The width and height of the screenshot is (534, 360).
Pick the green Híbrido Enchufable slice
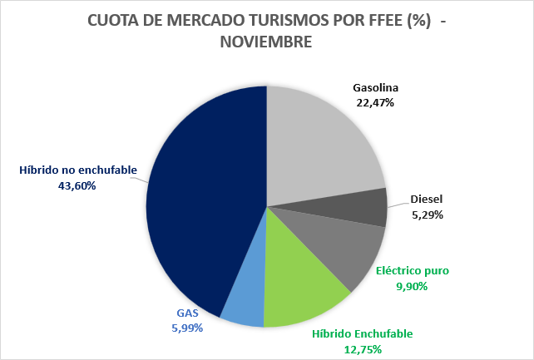tap(304, 287)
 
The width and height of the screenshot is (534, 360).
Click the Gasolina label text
tap(376, 88)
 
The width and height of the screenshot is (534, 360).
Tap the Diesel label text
tap(427, 200)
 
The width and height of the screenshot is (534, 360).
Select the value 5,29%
tap(427, 215)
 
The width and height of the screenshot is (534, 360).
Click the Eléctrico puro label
tap(412, 271)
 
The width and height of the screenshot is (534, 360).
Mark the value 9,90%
tap(412, 286)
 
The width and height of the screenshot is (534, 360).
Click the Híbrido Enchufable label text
tap(362, 334)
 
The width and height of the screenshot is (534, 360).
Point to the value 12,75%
tap(362, 349)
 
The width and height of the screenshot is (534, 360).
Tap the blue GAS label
tap(186, 313)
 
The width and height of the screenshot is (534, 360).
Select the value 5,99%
tap(186, 328)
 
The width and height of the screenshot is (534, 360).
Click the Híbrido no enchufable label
tap(78, 171)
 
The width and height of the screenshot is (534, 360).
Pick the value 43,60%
tap(78, 186)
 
